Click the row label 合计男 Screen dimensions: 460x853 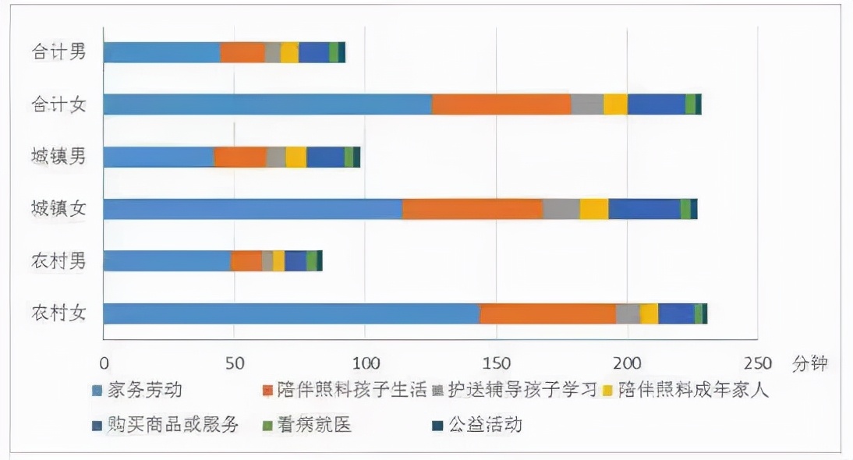pyautogui.click(x=58, y=52)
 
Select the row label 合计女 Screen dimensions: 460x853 pyautogui.click(x=58, y=104)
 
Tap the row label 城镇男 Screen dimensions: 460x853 pyautogui.click(x=58, y=157)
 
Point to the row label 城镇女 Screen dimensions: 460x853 pyautogui.click(x=58, y=209)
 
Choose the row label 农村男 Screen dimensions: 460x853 pyautogui.click(x=58, y=261)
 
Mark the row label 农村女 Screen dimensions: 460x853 pyautogui.click(x=58, y=313)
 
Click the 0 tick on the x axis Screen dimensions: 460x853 pyautogui.click(x=104, y=363)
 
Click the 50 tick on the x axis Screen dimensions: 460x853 pyautogui.click(x=235, y=363)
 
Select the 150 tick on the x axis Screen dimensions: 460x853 pyautogui.click(x=496, y=363)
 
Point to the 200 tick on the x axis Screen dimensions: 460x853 pyautogui.click(x=627, y=363)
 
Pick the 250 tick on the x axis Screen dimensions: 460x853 pyautogui.click(x=757, y=363)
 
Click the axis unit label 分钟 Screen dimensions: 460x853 pyautogui.click(x=809, y=363)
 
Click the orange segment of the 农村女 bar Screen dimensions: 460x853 pyautogui.click(x=547, y=313)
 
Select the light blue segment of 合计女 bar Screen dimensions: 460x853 pyautogui.click(x=267, y=104)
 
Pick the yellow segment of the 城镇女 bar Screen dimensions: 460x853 pyautogui.click(x=594, y=209)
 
